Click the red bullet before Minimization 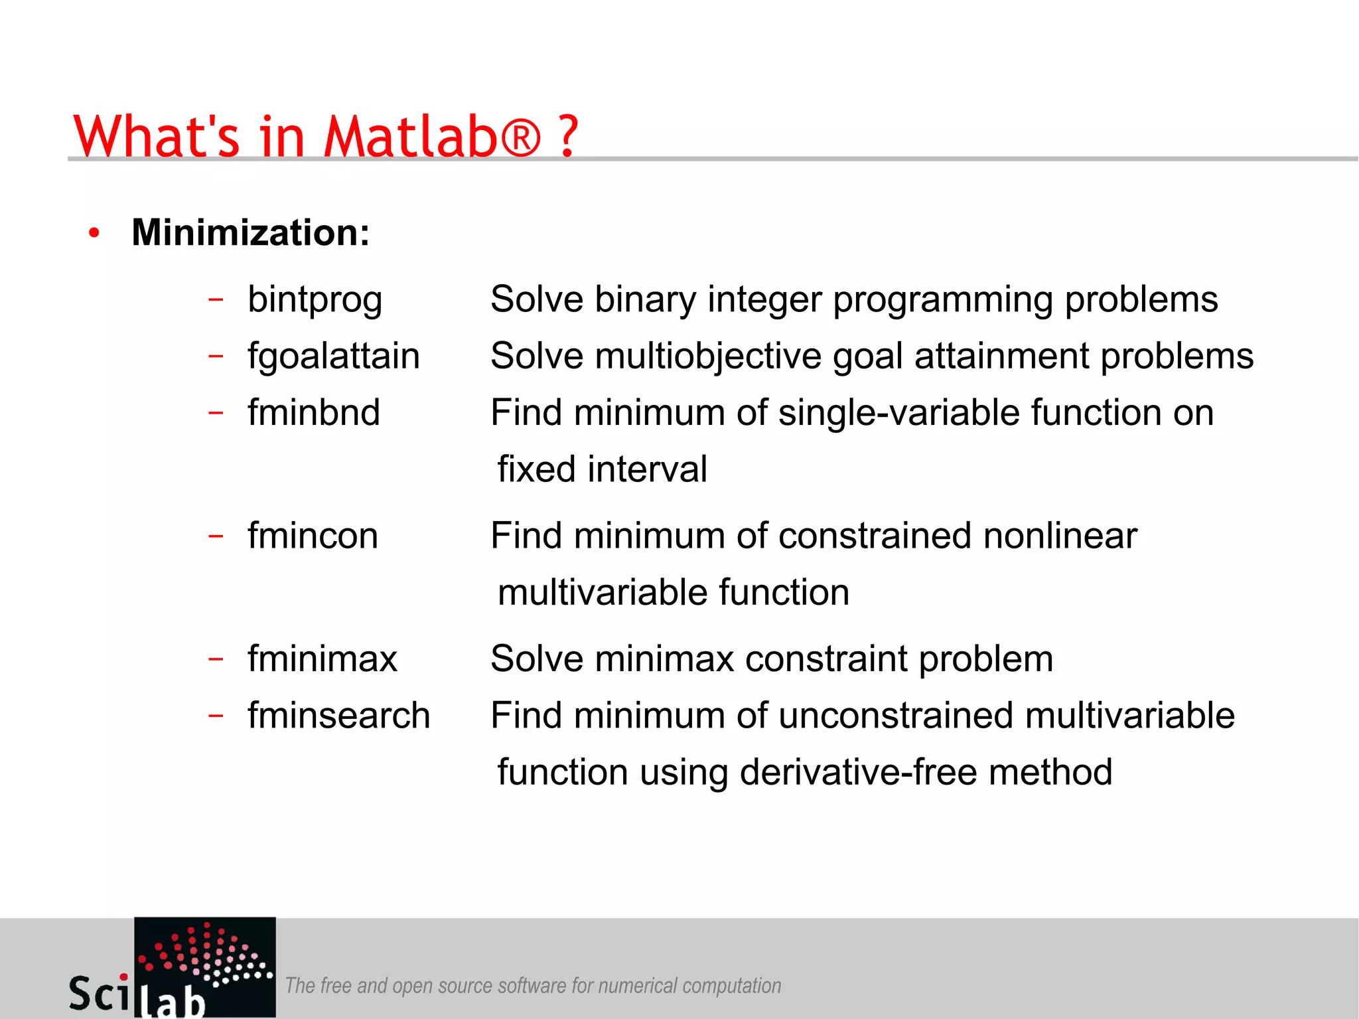pos(94,233)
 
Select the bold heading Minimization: pos(250,233)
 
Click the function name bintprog pos(315,300)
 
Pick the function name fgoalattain pos(333,356)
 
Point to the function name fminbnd pos(313,413)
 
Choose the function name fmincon pos(313,536)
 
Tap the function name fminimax pos(322,659)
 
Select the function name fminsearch pos(338,716)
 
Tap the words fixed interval pos(602,469)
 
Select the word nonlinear pos(1060,536)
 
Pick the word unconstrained pos(896,716)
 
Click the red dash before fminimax pos(216,659)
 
